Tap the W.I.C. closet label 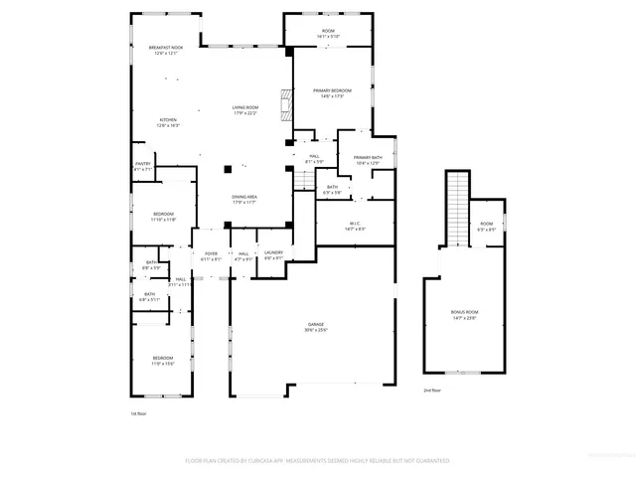pyautogui.click(x=354, y=225)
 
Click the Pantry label pyautogui.click(x=143, y=167)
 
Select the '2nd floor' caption pyautogui.click(x=432, y=391)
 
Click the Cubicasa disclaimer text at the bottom pyautogui.click(x=317, y=461)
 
